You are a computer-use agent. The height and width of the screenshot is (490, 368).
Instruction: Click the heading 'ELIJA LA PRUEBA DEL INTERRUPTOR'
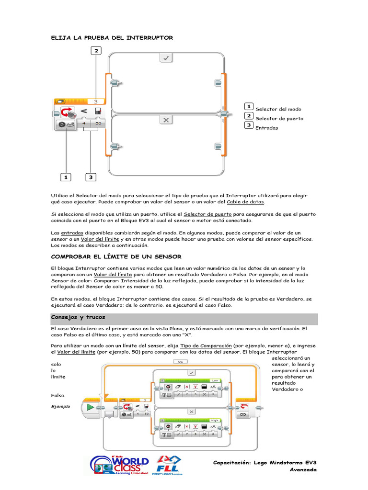[x=112, y=37]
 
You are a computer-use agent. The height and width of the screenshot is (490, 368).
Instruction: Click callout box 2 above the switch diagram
[x=96, y=51]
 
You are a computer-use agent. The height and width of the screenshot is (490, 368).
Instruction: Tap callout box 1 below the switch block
[x=66, y=177]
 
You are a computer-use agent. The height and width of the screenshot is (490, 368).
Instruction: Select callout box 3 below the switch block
[x=91, y=177]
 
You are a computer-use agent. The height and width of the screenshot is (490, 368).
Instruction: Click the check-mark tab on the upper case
[x=166, y=58]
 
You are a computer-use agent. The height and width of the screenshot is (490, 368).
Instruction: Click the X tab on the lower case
[x=166, y=120]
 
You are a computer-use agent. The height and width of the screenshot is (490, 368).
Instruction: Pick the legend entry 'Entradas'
[x=266, y=128]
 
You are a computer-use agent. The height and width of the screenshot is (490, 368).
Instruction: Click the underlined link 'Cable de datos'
[x=245, y=202]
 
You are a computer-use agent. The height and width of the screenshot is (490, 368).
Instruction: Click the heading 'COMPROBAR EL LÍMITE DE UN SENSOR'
[x=116, y=257]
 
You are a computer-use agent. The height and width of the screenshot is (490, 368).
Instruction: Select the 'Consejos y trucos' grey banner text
[x=78, y=317]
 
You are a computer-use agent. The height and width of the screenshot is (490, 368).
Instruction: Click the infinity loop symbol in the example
[x=244, y=414]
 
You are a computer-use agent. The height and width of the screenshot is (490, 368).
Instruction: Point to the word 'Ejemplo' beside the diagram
[x=60, y=406]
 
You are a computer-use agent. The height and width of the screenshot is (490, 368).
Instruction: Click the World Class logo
[x=119, y=465]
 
